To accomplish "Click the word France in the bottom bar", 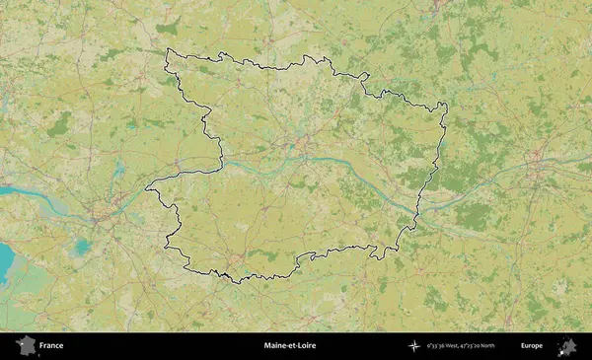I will [x=51, y=346].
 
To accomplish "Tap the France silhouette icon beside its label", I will [x=25, y=346].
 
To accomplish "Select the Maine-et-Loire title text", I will [x=290, y=346].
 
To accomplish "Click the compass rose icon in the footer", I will [x=413, y=346].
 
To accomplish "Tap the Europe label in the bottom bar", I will [x=532, y=346].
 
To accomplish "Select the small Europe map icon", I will [x=567, y=346].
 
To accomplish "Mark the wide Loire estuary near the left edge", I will [x=30, y=193].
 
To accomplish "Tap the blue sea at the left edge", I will [x=5, y=261].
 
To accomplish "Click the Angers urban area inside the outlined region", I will [x=304, y=150].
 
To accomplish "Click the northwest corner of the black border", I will [x=167, y=50].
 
